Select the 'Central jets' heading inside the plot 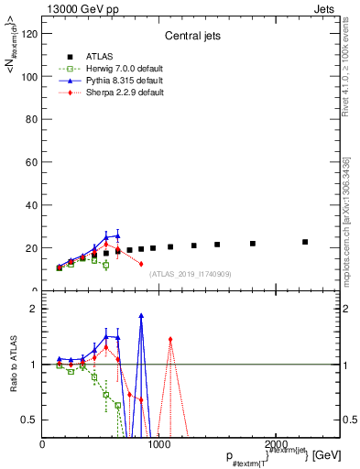click(189, 37)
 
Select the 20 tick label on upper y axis click(30, 248)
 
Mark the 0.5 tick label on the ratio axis click(28, 420)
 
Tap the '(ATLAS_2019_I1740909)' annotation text click(191, 273)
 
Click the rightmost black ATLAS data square click(305, 242)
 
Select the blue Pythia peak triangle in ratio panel click(141, 316)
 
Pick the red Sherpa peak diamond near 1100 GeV click(170, 339)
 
